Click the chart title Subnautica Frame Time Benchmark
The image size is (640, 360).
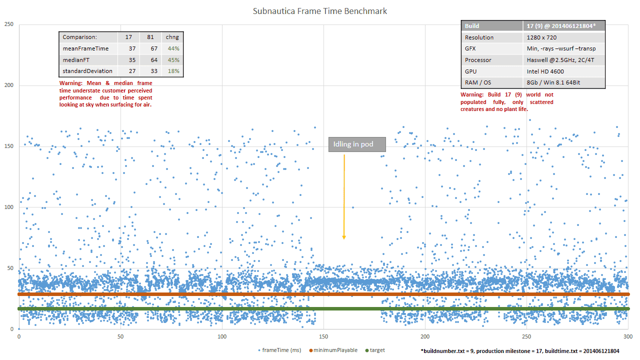click(320, 11)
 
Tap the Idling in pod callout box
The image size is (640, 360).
click(357, 145)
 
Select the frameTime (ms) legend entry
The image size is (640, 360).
click(280, 350)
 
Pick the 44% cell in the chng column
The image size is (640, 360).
click(173, 48)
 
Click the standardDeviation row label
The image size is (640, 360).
click(87, 71)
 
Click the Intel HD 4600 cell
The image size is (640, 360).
click(545, 71)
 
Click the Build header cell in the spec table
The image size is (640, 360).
click(472, 26)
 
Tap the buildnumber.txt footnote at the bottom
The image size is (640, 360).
click(520, 351)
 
